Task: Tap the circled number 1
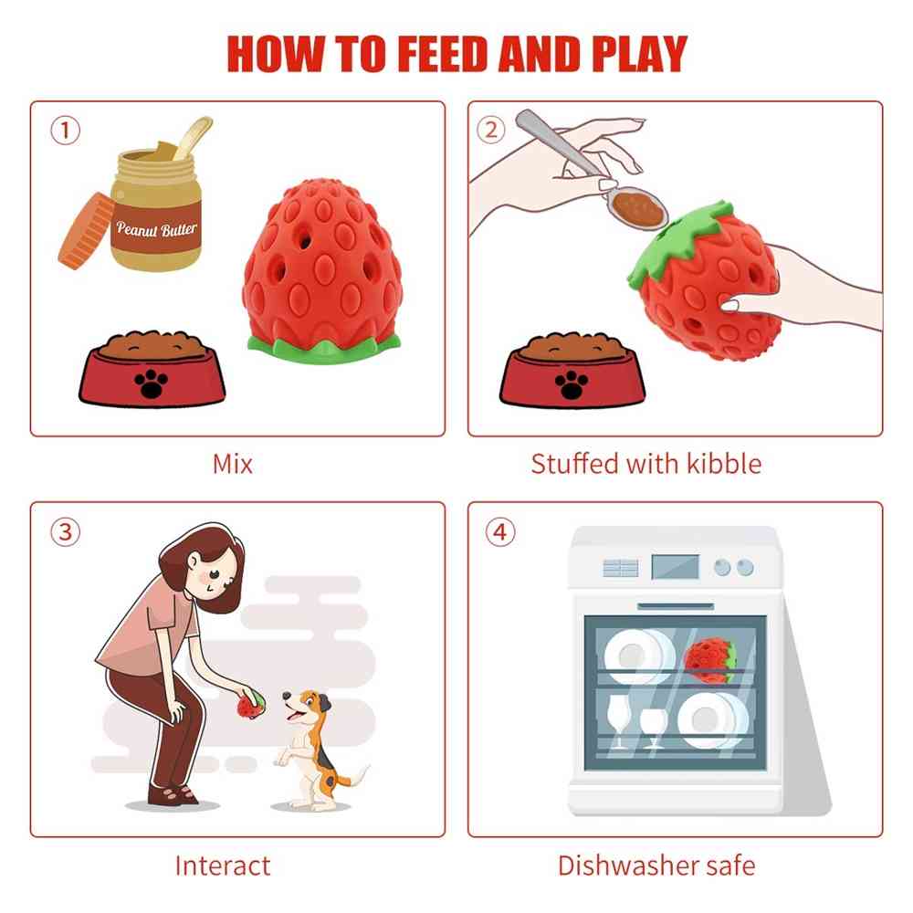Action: [65, 131]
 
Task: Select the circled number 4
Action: [500, 532]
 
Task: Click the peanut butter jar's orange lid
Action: [86, 230]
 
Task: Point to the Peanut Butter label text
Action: [156, 228]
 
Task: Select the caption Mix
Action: [232, 465]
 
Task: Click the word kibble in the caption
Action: [724, 464]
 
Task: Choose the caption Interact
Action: [223, 866]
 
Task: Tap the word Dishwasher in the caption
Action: [627, 866]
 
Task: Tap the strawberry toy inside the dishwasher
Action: [710, 660]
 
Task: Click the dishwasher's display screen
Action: [675, 567]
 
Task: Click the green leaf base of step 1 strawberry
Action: [324, 348]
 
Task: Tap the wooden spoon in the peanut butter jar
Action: [193, 138]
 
